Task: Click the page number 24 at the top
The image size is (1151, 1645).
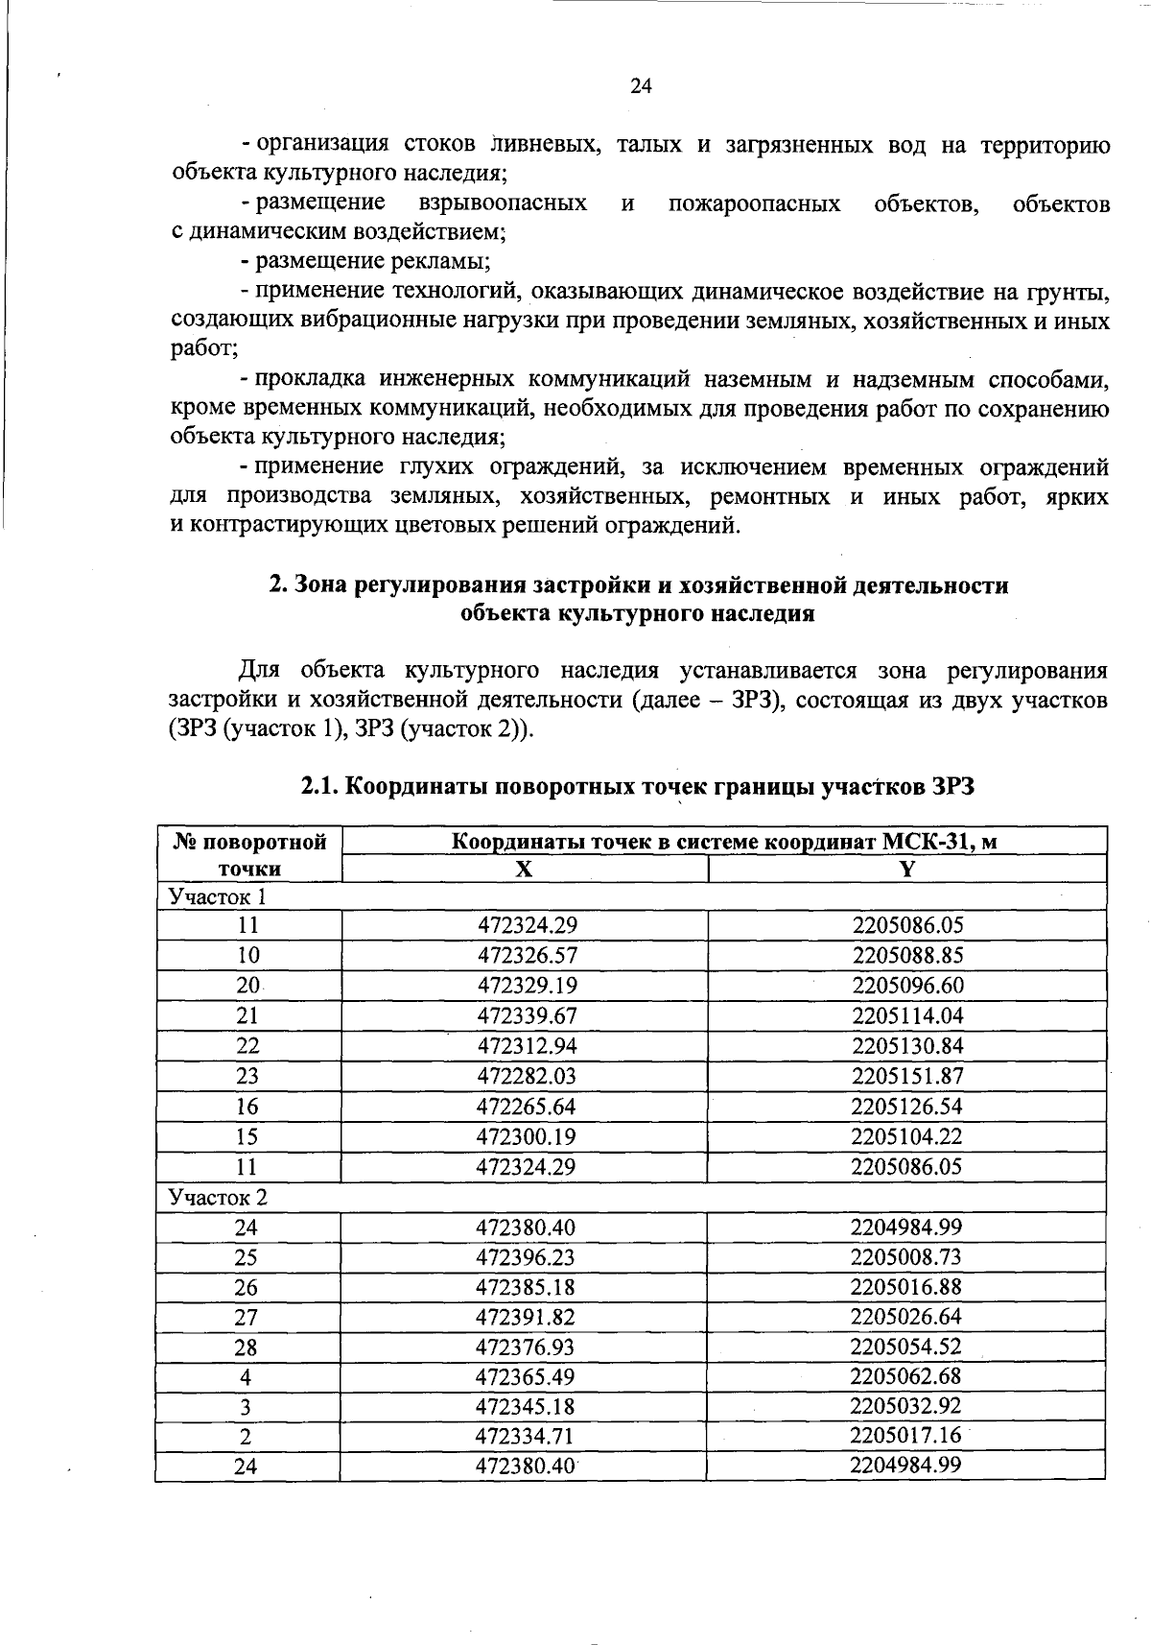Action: tap(641, 86)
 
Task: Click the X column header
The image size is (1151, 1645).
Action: tap(524, 870)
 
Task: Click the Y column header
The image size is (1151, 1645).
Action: tap(906, 870)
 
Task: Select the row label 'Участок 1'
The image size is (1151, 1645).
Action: tap(217, 896)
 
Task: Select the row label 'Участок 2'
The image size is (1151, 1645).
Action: tap(218, 1198)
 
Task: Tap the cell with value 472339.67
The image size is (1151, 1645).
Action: tap(527, 1015)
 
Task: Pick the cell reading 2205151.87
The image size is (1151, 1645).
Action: tap(906, 1076)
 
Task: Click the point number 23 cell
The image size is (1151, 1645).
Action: tap(247, 1076)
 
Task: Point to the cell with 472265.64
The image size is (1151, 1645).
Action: tap(527, 1107)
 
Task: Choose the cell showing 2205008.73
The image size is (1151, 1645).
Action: tap(905, 1257)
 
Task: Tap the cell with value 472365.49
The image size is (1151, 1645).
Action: tap(525, 1377)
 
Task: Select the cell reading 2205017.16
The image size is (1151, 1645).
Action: tap(905, 1437)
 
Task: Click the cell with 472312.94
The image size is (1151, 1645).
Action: tap(527, 1046)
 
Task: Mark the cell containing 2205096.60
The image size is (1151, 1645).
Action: tap(906, 986)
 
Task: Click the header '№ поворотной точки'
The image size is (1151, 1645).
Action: tap(248, 855)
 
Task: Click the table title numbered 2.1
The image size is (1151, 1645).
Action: tap(637, 787)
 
